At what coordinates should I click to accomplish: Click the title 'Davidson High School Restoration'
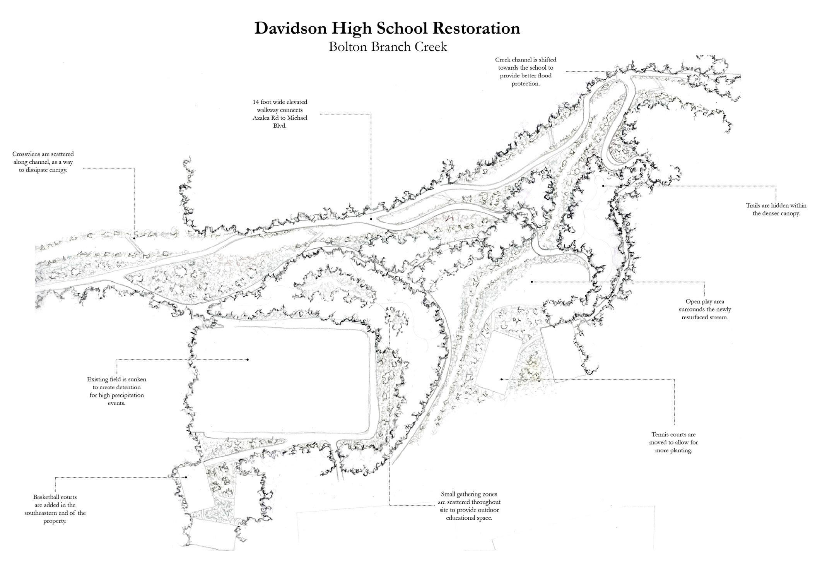pos(387,29)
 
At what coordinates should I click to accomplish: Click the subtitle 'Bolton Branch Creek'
pos(388,47)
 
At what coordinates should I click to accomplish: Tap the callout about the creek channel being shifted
pos(526,72)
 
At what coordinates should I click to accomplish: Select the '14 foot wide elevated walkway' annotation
pos(280,114)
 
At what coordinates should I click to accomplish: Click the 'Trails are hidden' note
pos(776,209)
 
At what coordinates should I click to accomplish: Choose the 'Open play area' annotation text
pos(705,309)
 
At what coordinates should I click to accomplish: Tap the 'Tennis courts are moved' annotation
pos(673,442)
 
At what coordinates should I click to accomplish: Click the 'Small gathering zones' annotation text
pos(469,506)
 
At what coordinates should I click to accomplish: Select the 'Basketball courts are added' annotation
pos(55,509)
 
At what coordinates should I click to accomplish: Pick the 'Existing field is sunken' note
pos(116,391)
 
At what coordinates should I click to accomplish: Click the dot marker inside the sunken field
pos(248,359)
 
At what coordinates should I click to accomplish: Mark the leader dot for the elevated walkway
pos(371,219)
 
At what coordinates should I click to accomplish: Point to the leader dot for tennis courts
pos(502,379)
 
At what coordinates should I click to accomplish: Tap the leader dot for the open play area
pos(532,282)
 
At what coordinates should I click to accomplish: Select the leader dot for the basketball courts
pos(186,477)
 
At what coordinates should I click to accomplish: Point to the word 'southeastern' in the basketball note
pos(44,513)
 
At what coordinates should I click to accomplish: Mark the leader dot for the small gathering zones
pos(390,315)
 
